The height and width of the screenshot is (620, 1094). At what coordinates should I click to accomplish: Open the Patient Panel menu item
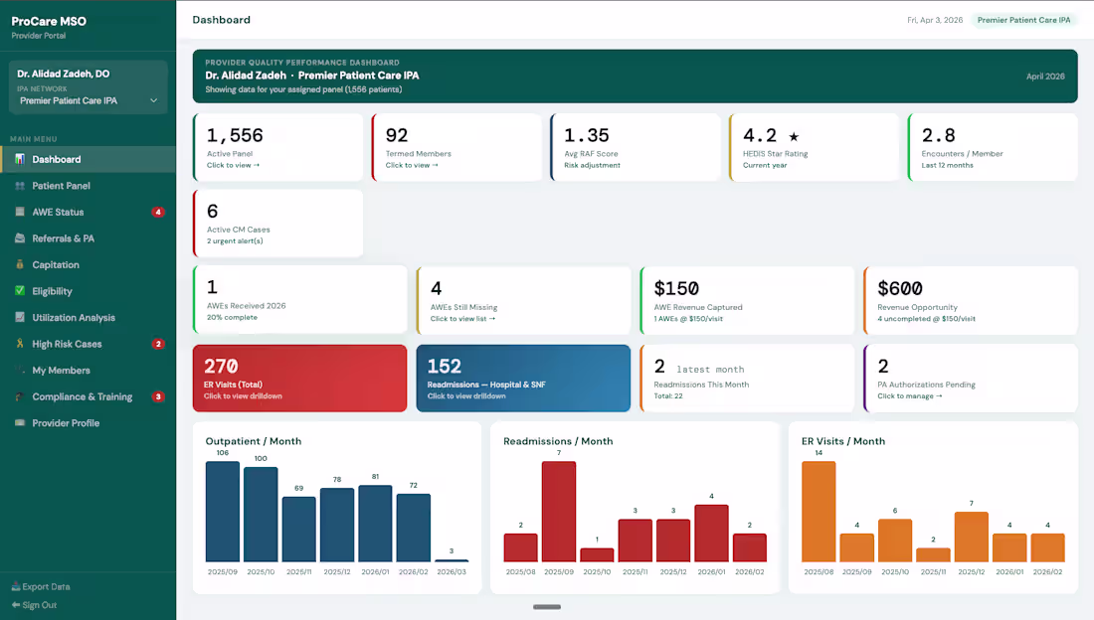pos(61,186)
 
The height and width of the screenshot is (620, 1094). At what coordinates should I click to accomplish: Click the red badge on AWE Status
pos(157,212)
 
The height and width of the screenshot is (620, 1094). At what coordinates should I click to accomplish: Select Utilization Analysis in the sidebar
pos(73,318)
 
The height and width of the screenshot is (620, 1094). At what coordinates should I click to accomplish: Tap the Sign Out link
pos(39,605)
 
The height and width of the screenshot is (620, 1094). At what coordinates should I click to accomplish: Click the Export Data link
pos(46,586)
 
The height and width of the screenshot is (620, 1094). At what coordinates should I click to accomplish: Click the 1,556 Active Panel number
pos(235,135)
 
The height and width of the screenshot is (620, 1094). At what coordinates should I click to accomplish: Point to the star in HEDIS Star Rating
pos(794,136)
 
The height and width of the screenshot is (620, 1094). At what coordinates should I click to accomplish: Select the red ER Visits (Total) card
pos(299,378)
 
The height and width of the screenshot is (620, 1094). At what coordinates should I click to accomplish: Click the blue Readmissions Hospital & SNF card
pos(523,378)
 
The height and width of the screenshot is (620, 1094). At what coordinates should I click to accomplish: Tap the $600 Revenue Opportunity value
pos(900,288)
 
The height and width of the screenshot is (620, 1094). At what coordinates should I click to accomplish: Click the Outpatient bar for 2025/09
pos(223,513)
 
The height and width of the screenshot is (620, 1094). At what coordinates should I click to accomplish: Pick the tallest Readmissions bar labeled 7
pos(559,513)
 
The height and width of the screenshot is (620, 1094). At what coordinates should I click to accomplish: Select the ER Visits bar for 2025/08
pos(819,513)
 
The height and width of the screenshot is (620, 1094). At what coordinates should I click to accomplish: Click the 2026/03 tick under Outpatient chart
pos(451,572)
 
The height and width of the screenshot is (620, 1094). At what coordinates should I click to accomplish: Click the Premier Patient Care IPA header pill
pos(1023,20)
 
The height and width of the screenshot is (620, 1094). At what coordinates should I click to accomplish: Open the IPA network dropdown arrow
pos(153,100)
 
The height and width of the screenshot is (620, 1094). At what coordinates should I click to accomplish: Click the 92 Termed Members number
pos(397,135)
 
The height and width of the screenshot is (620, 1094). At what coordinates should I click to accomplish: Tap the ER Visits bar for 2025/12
pos(971,538)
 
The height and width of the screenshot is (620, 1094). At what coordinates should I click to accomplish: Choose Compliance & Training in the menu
pos(82,396)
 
